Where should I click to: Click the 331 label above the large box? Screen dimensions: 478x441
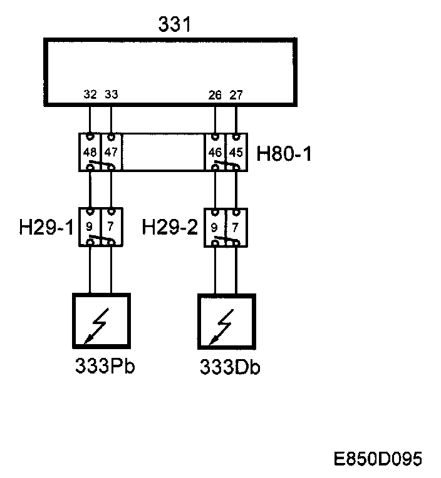click(174, 25)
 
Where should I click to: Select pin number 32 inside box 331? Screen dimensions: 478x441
click(90, 96)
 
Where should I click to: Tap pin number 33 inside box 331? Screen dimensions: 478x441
click(111, 96)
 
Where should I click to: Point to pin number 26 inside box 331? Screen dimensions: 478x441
click(215, 96)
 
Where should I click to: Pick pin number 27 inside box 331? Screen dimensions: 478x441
click(236, 96)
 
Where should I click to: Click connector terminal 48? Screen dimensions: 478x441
click(90, 151)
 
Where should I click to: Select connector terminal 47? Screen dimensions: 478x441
click(111, 151)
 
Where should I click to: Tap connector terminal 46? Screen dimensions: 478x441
click(215, 151)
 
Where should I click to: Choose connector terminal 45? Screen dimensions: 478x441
click(236, 151)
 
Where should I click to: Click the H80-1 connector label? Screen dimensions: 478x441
click(284, 153)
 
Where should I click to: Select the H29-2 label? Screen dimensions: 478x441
click(170, 226)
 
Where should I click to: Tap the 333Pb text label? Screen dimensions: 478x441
click(105, 366)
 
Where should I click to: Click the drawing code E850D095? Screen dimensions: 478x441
click(378, 459)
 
